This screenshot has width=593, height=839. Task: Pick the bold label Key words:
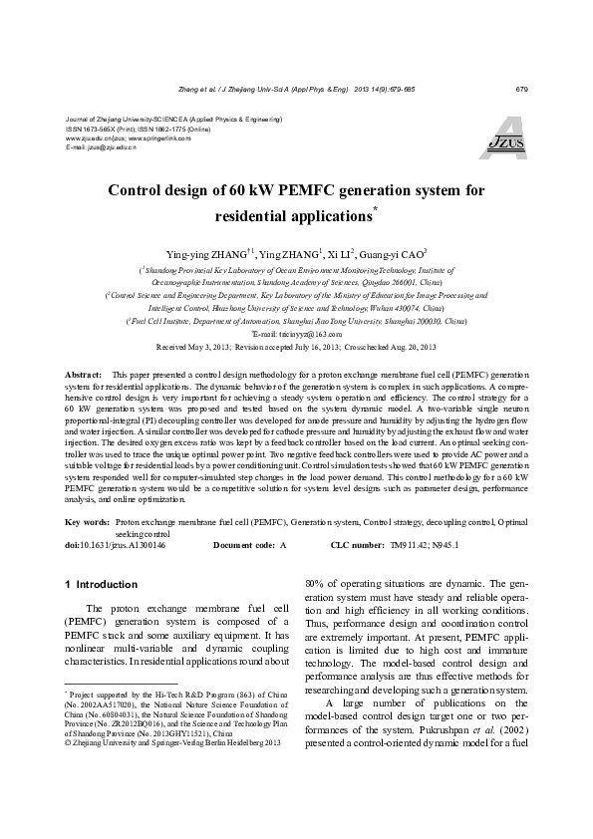point(88,521)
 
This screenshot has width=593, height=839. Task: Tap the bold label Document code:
point(243,545)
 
